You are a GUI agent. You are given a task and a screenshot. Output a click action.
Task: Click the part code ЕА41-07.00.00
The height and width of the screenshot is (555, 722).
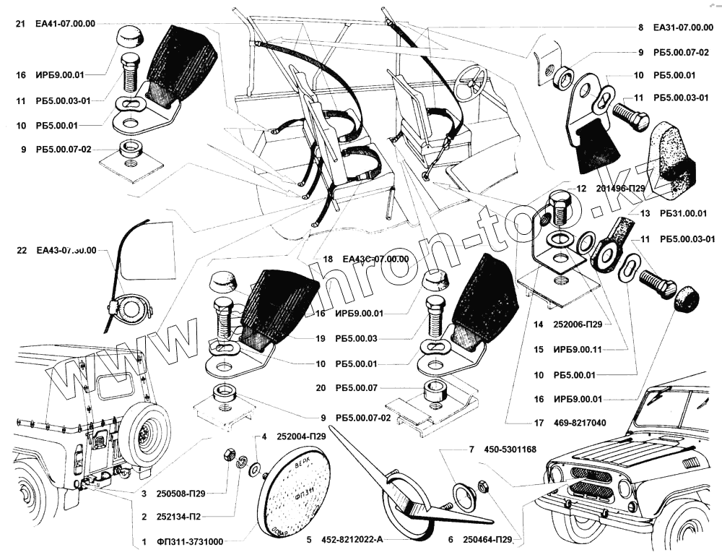tap(65, 24)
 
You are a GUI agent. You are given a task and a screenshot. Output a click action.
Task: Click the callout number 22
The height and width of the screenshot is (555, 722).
tap(21, 251)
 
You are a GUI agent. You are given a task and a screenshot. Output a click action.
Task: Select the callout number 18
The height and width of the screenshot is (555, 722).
tap(328, 259)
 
